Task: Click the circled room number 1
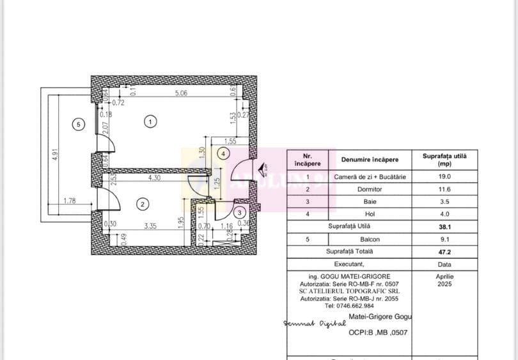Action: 150,121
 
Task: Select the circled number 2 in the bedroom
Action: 143,204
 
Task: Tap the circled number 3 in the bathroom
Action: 239,214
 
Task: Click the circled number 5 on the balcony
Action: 78,125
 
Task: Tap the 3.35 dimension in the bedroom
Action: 150,225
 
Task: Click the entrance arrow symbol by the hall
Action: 262,168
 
